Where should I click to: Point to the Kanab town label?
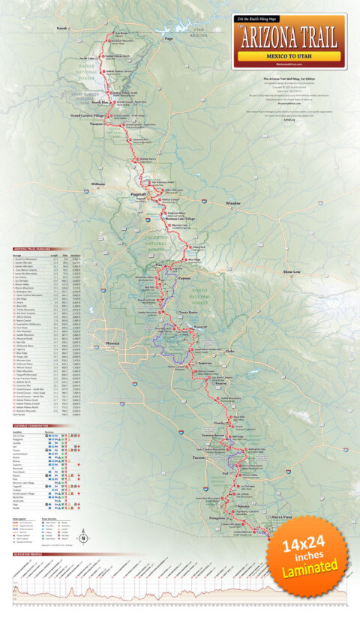tap(62, 28)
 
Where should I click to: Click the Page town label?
tap(169, 39)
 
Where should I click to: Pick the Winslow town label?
tap(233, 202)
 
